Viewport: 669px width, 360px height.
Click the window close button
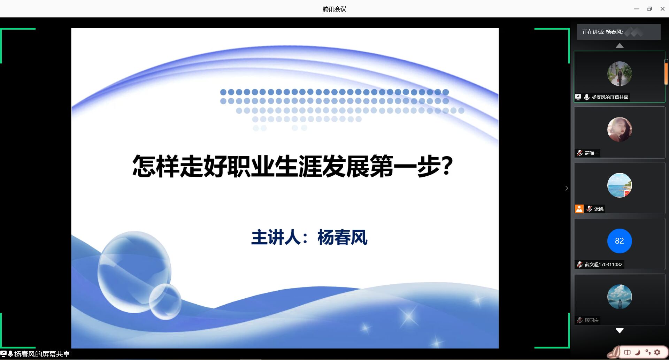pos(662,9)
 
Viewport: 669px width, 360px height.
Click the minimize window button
pos(637,9)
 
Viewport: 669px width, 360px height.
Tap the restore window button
pos(649,9)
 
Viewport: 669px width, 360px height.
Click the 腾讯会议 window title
pos(334,9)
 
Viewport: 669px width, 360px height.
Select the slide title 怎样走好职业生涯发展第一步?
pos(293,166)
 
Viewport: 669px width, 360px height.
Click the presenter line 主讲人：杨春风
pos(309,238)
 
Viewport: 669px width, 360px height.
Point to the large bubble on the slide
pos(134,272)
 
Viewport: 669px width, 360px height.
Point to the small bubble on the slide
pos(165,301)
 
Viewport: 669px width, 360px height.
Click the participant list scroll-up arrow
pos(620,46)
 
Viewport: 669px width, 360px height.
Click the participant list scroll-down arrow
pos(620,331)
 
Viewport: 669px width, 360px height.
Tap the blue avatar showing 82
pos(620,241)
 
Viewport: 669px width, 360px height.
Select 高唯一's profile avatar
pos(620,129)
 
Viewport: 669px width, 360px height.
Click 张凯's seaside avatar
pos(620,185)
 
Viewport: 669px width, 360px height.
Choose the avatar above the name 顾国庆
pos(620,297)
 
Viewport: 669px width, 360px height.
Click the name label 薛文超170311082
pos(603,265)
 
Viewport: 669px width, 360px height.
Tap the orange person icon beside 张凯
pos(579,209)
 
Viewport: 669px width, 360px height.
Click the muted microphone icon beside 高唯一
pos(580,153)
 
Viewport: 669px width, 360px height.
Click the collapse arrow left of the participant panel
pos(567,188)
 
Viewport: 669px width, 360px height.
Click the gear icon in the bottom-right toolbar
pos(657,352)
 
